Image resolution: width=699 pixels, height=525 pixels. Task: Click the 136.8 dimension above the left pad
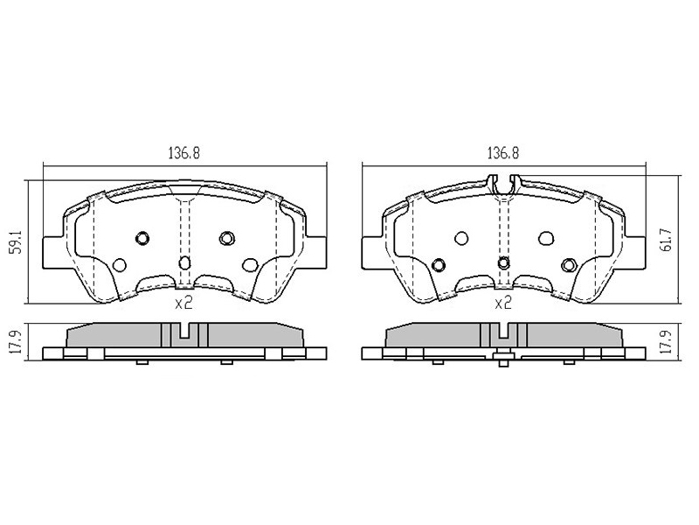(184, 153)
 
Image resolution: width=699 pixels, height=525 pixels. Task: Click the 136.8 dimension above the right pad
(503, 153)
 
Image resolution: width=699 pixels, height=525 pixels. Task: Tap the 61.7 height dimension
(668, 240)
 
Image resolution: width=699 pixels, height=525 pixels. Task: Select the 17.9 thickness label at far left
(17, 342)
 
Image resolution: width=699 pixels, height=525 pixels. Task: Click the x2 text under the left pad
(183, 304)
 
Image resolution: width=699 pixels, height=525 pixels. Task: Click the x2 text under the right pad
(503, 304)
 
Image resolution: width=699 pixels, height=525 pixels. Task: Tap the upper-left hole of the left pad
(142, 238)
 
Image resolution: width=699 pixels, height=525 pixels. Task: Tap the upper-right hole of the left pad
(227, 238)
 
